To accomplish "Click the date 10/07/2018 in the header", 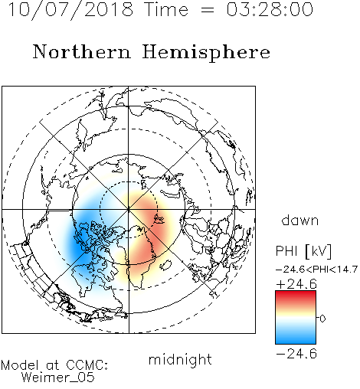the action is [70, 9].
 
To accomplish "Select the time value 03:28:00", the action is [270, 9].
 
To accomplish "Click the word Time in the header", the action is [166, 9].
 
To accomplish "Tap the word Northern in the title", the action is [82, 51].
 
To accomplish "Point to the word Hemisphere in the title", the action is [206, 53].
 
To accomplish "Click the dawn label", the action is [300, 220].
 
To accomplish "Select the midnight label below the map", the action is [180, 360].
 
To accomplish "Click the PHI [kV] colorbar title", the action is [303, 251].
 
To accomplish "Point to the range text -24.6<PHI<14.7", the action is [316, 270].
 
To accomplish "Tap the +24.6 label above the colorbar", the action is [296, 284].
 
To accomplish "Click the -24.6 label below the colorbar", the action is [296, 354].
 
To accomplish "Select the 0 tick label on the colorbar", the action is [322, 319].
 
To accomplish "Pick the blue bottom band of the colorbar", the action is [296, 338].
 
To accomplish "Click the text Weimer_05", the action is [58, 378].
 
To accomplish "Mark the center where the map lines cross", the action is [129, 209].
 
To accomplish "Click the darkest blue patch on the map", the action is [78, 247].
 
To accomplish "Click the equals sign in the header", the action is [208, 11].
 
